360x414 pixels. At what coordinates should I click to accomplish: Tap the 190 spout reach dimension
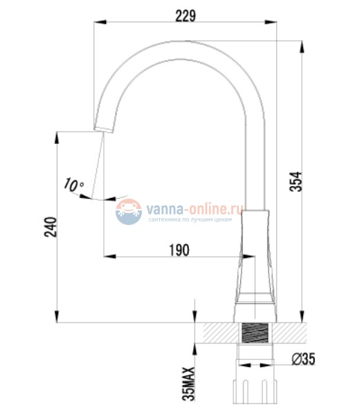(179, 251)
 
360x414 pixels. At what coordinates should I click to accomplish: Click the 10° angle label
(73, 185)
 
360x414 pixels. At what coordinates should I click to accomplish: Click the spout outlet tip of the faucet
(102, 129)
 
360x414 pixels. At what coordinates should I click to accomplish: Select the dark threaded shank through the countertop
(255, 333)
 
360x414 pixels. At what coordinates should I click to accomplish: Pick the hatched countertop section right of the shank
(291, 332)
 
